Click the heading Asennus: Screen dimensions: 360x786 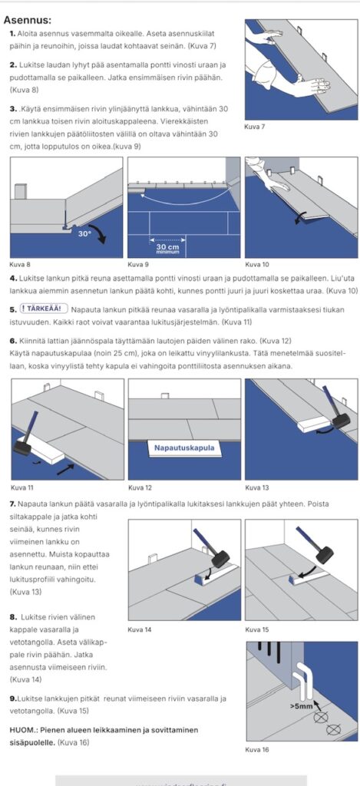tap(27, 20)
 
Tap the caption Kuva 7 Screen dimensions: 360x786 tap(254, 127)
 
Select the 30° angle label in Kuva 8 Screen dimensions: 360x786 tap(84, 233)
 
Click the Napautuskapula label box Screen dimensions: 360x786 tap(184, 448)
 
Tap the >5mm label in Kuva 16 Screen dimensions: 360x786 tap(302, 706)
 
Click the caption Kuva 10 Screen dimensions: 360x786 tap(255, 264)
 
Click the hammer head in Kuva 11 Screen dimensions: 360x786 tap(22, 446)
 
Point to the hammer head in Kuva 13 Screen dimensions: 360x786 tap(341, 420)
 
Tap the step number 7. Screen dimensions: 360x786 tap(12, 504)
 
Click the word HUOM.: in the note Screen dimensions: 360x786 tap(22, 730)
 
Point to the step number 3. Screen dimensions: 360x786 tap(12, 109)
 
